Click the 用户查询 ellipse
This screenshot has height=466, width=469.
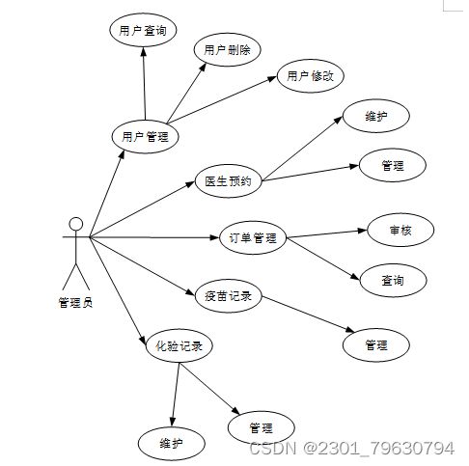click(x=143, y=30)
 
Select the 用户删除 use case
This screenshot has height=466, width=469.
click(x=227, y=50)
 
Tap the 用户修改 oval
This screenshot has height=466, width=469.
click(x=311, y=76)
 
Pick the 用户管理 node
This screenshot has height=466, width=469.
click(x=145, y=137)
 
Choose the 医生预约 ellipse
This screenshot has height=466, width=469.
click(x=229, y=181)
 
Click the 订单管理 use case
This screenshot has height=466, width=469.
click(x=253, y=237)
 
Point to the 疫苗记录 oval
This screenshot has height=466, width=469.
click(x=229, y=296)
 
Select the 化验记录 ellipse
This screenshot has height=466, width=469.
click(x=179, y=346)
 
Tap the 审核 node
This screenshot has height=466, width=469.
click(x=400, y=231)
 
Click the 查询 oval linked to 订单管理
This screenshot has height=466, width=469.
click(x=393, y=281)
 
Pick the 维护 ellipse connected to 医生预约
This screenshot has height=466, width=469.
click(x=376, y=116)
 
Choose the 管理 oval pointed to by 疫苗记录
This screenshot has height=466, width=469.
click(x=376, y=345)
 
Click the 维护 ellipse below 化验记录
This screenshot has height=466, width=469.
click(x=172, y=444)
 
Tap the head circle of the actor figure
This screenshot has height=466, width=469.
click(x=76, y=224)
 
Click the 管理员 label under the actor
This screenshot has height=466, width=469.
click(x=75, y=303)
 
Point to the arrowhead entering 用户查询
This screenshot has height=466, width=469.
click(x=144, y=52)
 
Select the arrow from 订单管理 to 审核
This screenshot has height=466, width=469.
click(x=326, y=233)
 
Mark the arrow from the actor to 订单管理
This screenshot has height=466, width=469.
click(x=154, y=237)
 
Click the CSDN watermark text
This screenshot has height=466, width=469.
click(x=352, y=448)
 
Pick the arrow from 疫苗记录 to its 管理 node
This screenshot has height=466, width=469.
click(x=308, y=314)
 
